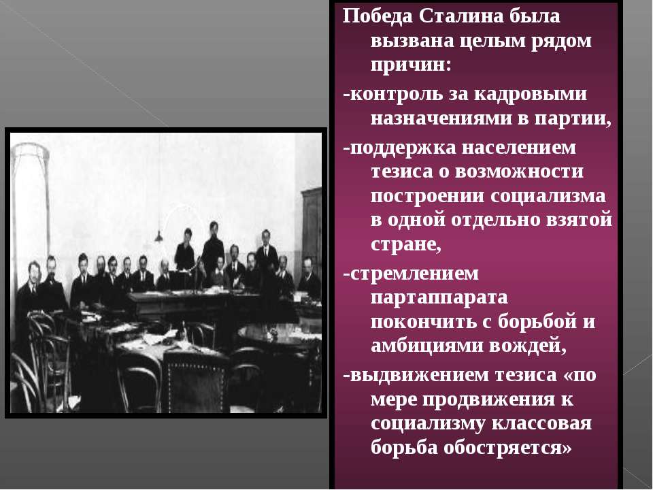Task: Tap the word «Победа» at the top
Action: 378,16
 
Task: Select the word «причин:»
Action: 411,65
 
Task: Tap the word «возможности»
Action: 519,171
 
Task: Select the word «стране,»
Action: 405,244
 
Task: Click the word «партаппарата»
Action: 439,298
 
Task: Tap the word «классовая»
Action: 542,424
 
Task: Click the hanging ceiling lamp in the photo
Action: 158,236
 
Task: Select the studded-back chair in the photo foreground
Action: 194,381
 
